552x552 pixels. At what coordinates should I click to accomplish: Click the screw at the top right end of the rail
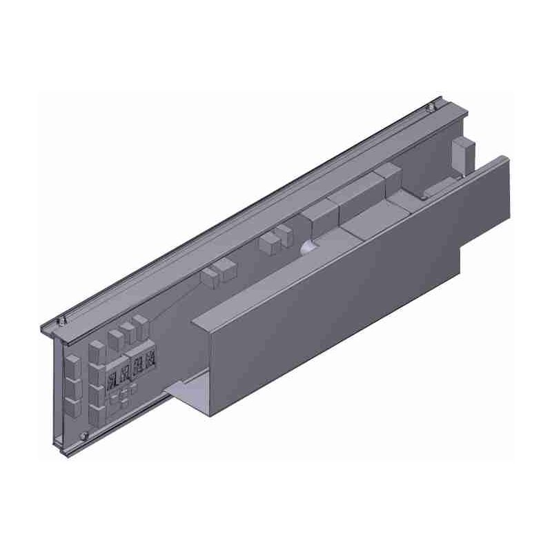430,107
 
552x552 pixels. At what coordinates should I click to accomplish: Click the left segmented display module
119,373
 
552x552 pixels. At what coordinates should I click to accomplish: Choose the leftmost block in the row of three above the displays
115,337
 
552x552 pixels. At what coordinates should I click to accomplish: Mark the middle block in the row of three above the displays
128,331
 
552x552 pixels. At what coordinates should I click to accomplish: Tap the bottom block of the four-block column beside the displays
96,412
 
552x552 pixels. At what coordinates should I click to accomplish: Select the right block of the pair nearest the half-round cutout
284,234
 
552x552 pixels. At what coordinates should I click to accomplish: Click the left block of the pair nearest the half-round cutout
268,243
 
